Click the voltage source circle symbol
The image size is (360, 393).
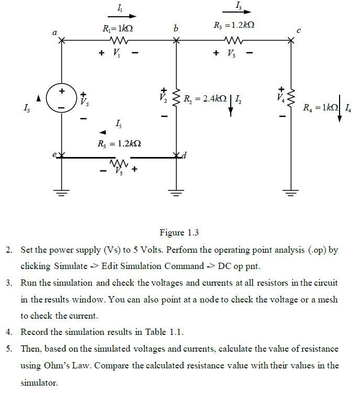point(61,99)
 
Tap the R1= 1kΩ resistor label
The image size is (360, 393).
point(118,27)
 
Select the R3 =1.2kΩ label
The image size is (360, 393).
point(234,26)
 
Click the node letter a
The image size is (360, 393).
point(54,32)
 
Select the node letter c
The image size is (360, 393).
point(299,31)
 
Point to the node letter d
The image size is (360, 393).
point(183,155)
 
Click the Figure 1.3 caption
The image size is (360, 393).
point(179,232)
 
